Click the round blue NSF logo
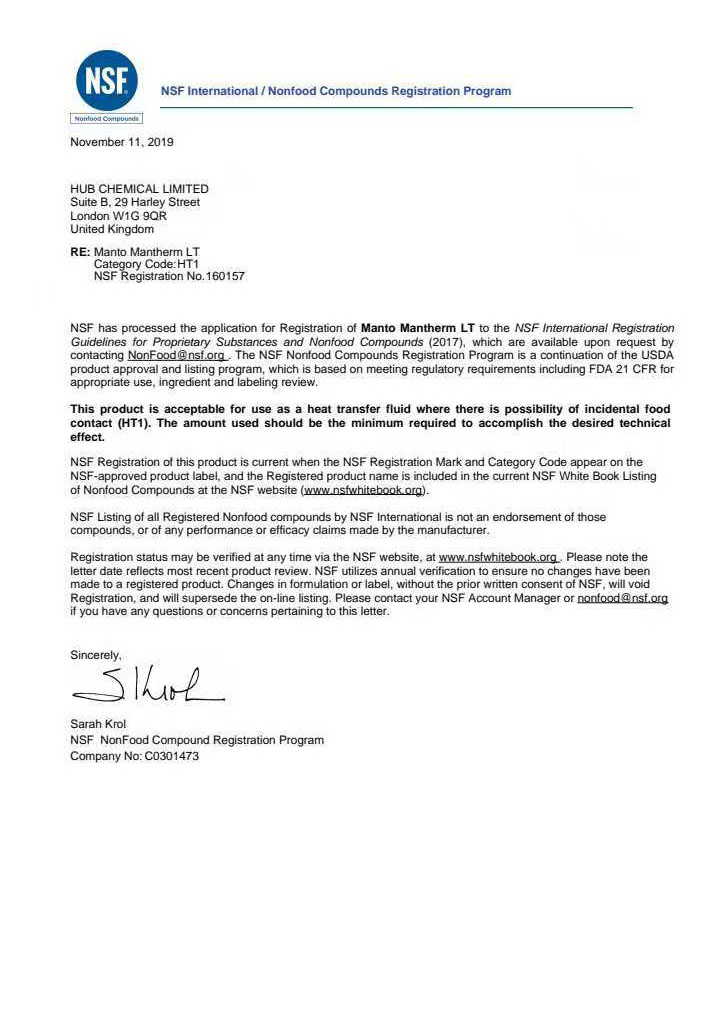click(106, 80)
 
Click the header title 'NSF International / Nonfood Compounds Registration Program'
click(336, 91)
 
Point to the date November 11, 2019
click(121, 142)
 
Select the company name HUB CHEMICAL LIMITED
click(139, 189)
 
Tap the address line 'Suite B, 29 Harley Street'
click(135, 202)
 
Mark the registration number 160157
click(224, 276)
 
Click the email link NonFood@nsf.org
click(177, 355)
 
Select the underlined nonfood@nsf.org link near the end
click(622, 598)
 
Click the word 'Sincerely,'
click(96, 655)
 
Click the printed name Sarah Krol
click(98, 724)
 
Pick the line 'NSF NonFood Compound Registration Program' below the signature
click(197, 740)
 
